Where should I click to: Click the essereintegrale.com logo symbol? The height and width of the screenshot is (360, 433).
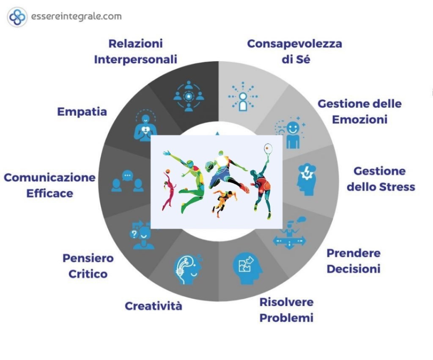pos(17,17)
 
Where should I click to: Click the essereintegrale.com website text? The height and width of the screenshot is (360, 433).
pos(76,17)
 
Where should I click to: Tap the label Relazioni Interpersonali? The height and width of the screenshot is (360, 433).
pos(135,52)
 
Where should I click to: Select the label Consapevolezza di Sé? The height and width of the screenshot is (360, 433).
pos(294,52)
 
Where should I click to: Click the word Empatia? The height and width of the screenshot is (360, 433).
pos(82,112)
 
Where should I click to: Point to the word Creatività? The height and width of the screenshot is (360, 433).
pos(153,306)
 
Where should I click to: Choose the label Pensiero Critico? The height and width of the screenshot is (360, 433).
pos(88,265)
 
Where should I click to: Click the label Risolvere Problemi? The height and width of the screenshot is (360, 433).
pos(286,310)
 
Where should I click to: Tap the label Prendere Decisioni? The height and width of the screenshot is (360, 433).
pos(354,261)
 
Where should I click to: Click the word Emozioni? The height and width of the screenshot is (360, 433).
pos(359,120)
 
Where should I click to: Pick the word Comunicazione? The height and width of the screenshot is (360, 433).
pos(50,177)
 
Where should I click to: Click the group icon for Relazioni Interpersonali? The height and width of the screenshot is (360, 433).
pos(189,97)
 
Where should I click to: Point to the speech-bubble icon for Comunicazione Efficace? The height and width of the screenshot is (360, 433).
pos(127,182)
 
